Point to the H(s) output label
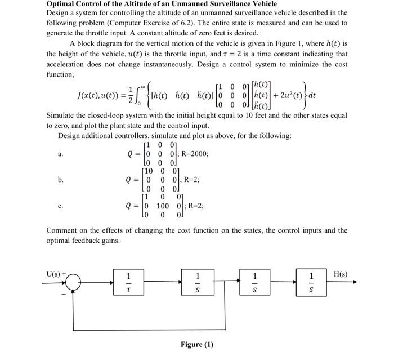[x=341, y=274]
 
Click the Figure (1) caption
[x=197, y=344]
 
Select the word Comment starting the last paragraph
[x=61, y=230]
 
